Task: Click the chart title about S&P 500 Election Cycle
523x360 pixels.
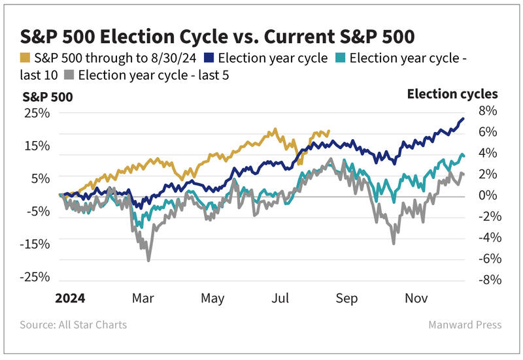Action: (218, 35)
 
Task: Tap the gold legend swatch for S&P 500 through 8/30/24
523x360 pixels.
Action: (26, 58)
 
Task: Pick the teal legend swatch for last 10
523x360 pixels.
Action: (339, 58)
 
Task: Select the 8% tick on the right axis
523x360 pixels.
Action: (487, 111)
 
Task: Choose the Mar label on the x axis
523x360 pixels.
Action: (143, 299)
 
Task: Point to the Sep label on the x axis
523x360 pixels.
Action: (346, 299)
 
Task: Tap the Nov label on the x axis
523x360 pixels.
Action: (416, 299)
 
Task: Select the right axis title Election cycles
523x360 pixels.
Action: (452, 94)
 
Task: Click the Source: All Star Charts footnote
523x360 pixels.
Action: (73, 325)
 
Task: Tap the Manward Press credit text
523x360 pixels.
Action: (465, 325)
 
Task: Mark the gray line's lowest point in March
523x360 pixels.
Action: (148, 261)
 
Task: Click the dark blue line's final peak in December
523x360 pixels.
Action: (463, 118)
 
